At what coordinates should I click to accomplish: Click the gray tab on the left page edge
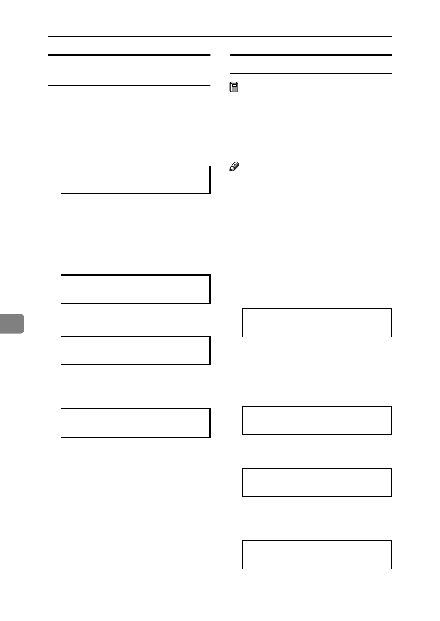click(x=12, y=323)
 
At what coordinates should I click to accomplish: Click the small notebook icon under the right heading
click(x=234, y=86)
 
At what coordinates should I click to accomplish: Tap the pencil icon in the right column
click(x=233, y=166)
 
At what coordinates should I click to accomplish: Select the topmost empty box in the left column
click(x=135, y=179)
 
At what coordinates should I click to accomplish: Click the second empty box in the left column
click(x=135, y=289)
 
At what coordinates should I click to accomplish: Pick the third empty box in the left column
click(x=135, y=350)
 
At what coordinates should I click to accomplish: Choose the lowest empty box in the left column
click(x=135, y=423)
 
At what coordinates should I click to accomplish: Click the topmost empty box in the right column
click(x=316, y=323)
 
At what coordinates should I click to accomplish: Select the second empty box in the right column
click(x=316, y=420)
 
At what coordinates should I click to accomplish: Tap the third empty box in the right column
click(x=316, y=482)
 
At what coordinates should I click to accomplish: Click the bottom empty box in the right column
click(x=316, y=554)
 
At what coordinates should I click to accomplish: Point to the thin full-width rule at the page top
click(x=220, y=37)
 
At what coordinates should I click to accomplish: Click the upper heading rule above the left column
click(x=129, y=55)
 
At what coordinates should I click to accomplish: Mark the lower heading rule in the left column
click(x=129, y=86)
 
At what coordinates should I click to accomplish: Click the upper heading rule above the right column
click(x=311, y=55)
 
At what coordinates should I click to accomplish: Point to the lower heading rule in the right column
click(x=311, y=74)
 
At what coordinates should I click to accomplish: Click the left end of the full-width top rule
click(x=49, y=37)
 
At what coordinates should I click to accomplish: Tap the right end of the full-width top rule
click(x=391, y=37)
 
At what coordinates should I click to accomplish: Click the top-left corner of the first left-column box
click(x=61, y=166)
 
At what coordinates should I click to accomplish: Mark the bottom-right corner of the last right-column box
click(x=391, y=568)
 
